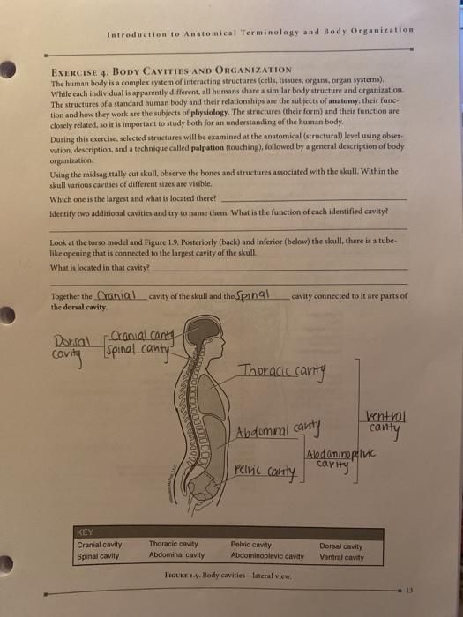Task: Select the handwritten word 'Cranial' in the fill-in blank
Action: pos(119,298)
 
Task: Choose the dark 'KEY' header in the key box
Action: pos(86,532)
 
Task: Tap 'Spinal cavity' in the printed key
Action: pos(99,555)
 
